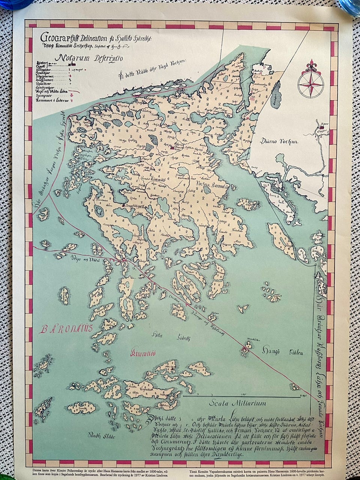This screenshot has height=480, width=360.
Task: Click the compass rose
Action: (x=310, y=83)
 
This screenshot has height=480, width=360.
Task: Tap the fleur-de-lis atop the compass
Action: (x=310, y=66)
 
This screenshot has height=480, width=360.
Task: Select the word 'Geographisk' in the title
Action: (x=60, y=37)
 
